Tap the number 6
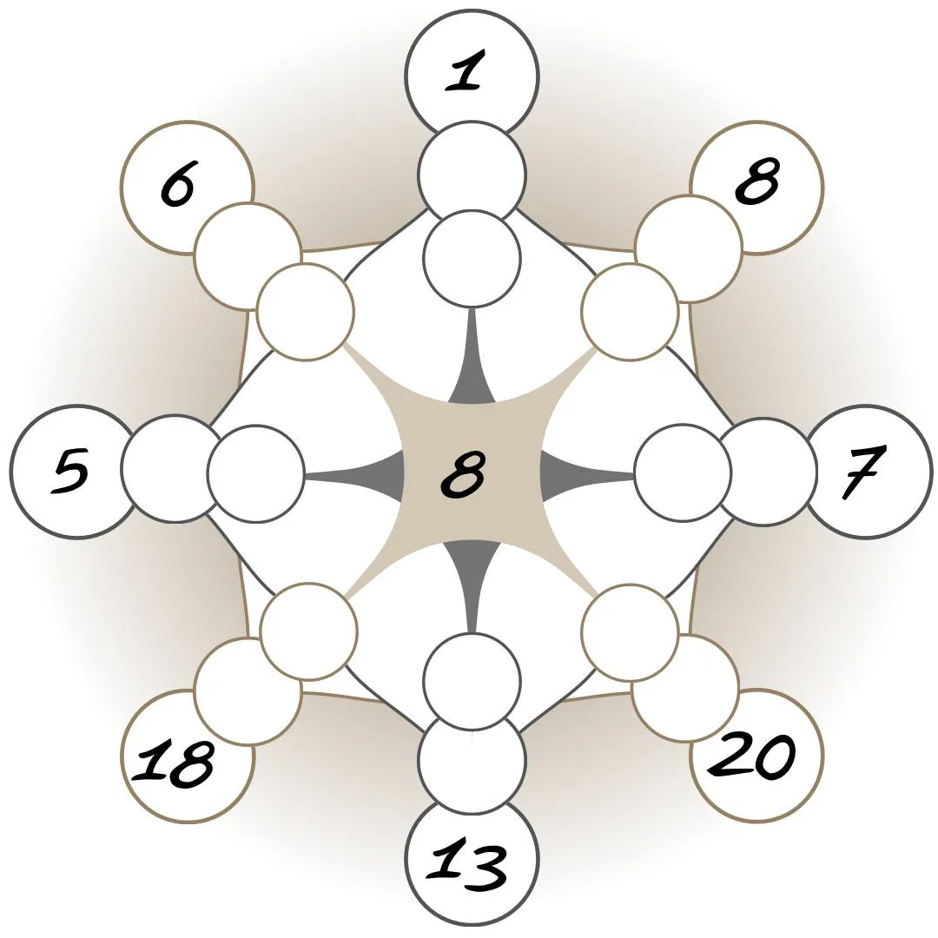tap(177, 185)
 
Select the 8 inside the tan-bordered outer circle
tap(756, 183)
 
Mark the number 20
tap(752, 756)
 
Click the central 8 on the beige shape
tap(462, 473)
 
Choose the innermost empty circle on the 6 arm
tap(306, 312)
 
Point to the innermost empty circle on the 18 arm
tap(308, 631)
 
